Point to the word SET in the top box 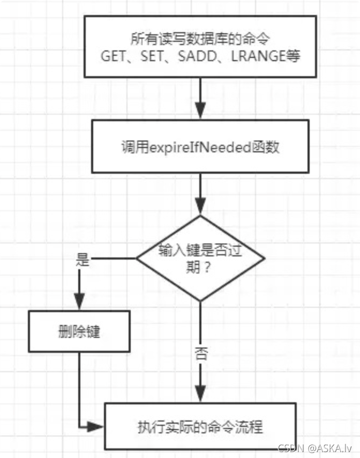pyautogui.click(x=152, y=56)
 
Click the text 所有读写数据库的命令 pyautogui.click(x=200, y=39)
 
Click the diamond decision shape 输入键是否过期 pyautogui.click(x=200, y=257)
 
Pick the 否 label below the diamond pyautogui.click(x=200, y=354)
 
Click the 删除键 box pyautogui.click(x=79, y=332)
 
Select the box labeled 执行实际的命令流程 pyautogui.click(x=200, y=427)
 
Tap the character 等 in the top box pyautogui.click(x=292, y=56)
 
